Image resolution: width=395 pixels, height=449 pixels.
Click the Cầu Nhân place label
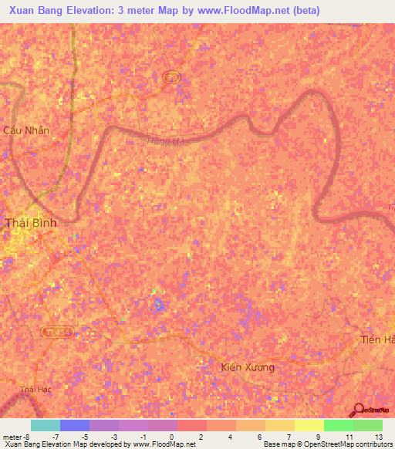[x=26, y=130]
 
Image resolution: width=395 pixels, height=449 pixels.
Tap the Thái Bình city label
[x=31, y=223]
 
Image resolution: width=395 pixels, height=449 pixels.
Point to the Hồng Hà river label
[x=167, y=141]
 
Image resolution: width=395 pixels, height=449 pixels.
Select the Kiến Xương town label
[x=247, y=367]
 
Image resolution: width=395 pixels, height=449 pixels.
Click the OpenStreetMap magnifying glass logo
[x=359, y=411]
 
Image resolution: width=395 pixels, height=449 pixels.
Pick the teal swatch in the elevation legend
[x=45, y=425]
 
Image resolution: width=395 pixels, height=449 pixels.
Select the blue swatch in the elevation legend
[x=74, y=425]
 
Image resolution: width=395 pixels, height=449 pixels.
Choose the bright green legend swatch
[x=338, y=425]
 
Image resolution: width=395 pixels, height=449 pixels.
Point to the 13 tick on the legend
[x=377, y=436]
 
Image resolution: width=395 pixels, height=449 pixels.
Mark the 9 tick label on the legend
[x=318, y=436]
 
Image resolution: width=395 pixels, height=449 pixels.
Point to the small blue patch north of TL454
[x=158, y=304]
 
